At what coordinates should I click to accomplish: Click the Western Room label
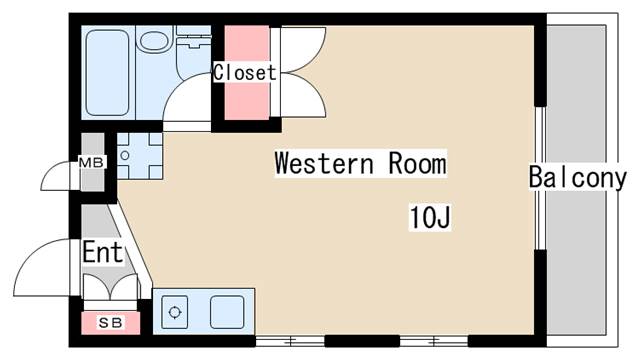point(360,163)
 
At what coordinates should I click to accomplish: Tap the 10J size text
point(430,218)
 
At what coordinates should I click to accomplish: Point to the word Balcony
point(578,178)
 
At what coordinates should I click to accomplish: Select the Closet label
point(244,73)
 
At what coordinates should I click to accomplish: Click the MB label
point(92,162)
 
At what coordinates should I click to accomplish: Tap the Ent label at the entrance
point(102,252)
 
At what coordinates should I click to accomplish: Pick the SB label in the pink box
point(111,323)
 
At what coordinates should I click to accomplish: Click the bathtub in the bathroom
point(108,72)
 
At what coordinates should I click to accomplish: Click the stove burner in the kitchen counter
point(175,312)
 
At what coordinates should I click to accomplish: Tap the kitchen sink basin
point(227,312)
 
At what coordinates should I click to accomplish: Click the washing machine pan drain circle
point(125,156)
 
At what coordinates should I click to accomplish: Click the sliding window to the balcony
point(541,178)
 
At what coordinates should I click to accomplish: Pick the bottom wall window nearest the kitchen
point(290,341)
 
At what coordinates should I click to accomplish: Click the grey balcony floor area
point(576,180)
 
